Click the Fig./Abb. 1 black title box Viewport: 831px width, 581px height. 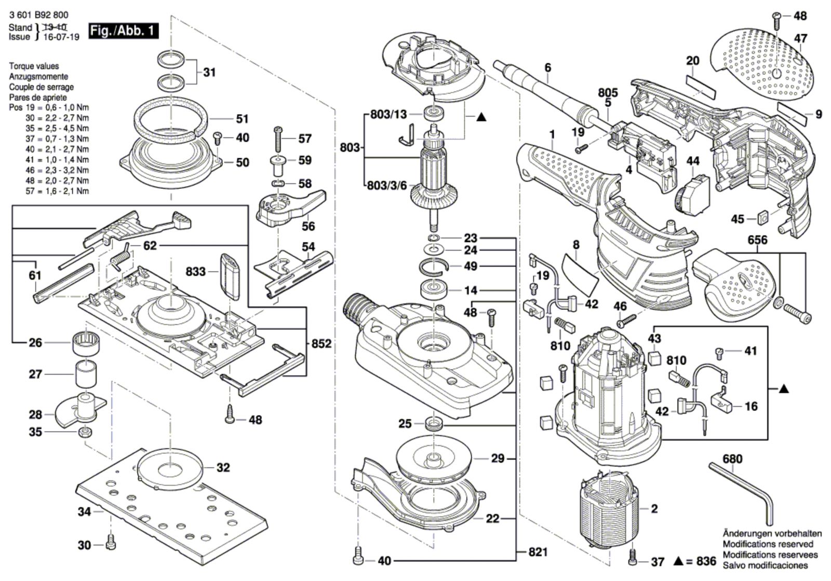pyautogui.click(x=123, y=31)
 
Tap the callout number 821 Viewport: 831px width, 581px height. pyautogui.click(x=538, y=552)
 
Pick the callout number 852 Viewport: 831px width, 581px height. pyautogui.click(x=321, y=343)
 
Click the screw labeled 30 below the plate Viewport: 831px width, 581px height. pyautogui.click(x=110, y=544)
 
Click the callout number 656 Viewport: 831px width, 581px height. pyautogui.click(x=758, y=240)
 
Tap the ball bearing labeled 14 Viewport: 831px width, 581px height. pyautogui.click(x=433, y=289)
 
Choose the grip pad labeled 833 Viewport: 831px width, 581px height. pyautogui.click(x=230, y=276)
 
